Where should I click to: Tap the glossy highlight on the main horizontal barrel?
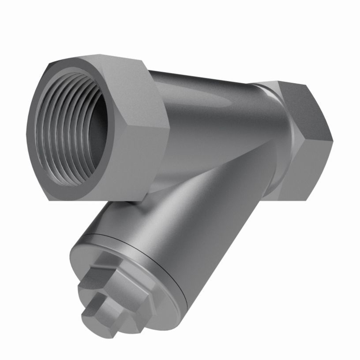(x=207, y=101)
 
